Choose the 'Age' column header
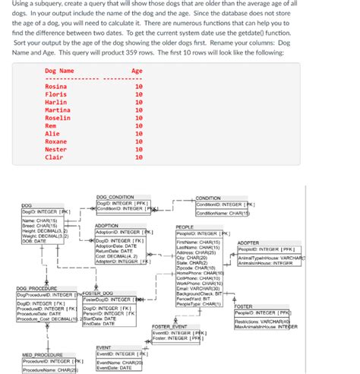(x=137, y=71)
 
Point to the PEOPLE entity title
(x=185, y=227)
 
